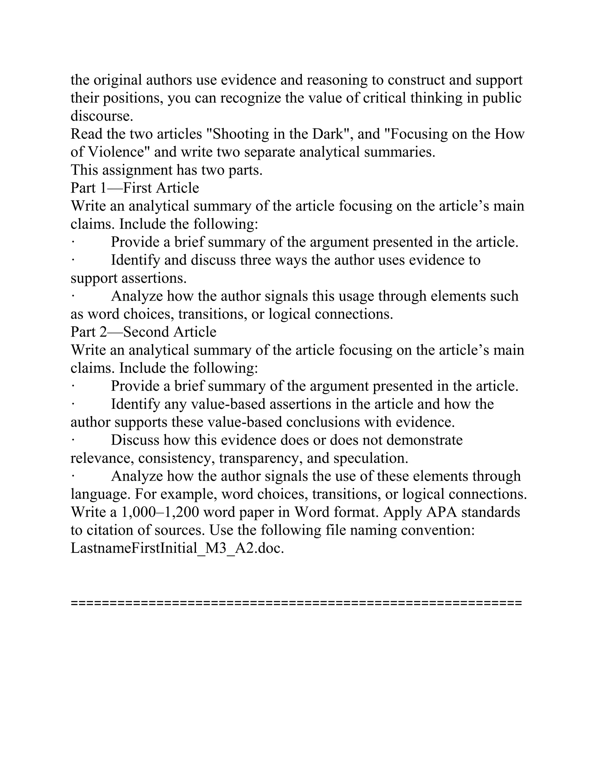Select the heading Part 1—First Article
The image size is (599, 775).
point(135,188)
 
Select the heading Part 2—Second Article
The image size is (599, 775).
point(143,332)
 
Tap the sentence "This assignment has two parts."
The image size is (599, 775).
point(166,170)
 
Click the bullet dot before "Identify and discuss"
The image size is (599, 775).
point(73,260)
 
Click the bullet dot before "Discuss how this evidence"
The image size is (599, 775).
point(73,440)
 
